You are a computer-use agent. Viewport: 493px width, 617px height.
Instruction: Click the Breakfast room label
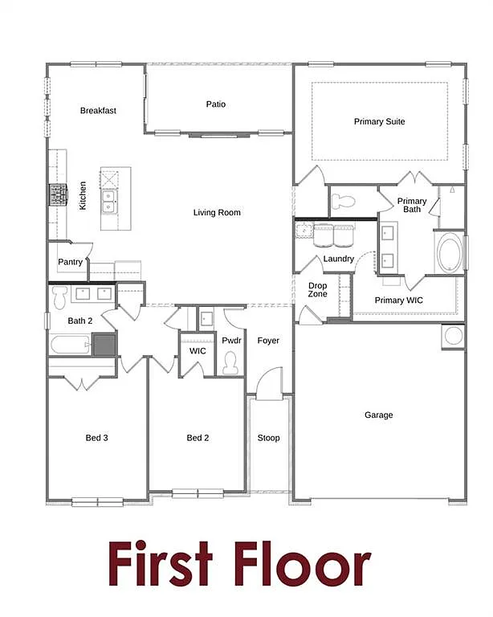pos(98,111)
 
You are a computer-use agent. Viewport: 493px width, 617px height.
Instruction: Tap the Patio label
pos(215,104)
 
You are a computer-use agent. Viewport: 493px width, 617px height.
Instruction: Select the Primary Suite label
pos(379,122)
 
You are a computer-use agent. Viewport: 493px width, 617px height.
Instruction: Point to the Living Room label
pos(217,213)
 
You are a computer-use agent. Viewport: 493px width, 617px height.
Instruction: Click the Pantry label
pos(70,263)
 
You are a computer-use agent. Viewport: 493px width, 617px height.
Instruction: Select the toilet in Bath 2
pos(59,299)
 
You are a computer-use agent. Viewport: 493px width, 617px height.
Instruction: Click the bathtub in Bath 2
pos(71,345)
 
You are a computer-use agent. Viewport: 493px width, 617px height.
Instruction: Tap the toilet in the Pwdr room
pos(231,363)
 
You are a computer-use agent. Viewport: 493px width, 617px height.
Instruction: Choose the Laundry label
pos(339,259)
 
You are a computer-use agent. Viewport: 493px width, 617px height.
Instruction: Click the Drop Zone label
pos(317,290)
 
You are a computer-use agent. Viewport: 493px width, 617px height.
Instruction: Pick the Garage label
pos(379,415)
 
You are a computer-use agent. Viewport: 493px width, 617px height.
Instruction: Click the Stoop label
pos(268,438)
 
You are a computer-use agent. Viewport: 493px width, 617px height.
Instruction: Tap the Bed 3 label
pos(97,438)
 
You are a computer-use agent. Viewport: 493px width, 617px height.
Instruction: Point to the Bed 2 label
pos(198,438)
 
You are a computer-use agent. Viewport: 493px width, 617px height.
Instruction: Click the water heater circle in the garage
pos(453,336)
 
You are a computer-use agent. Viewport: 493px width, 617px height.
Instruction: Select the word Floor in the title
pos(303,565)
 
